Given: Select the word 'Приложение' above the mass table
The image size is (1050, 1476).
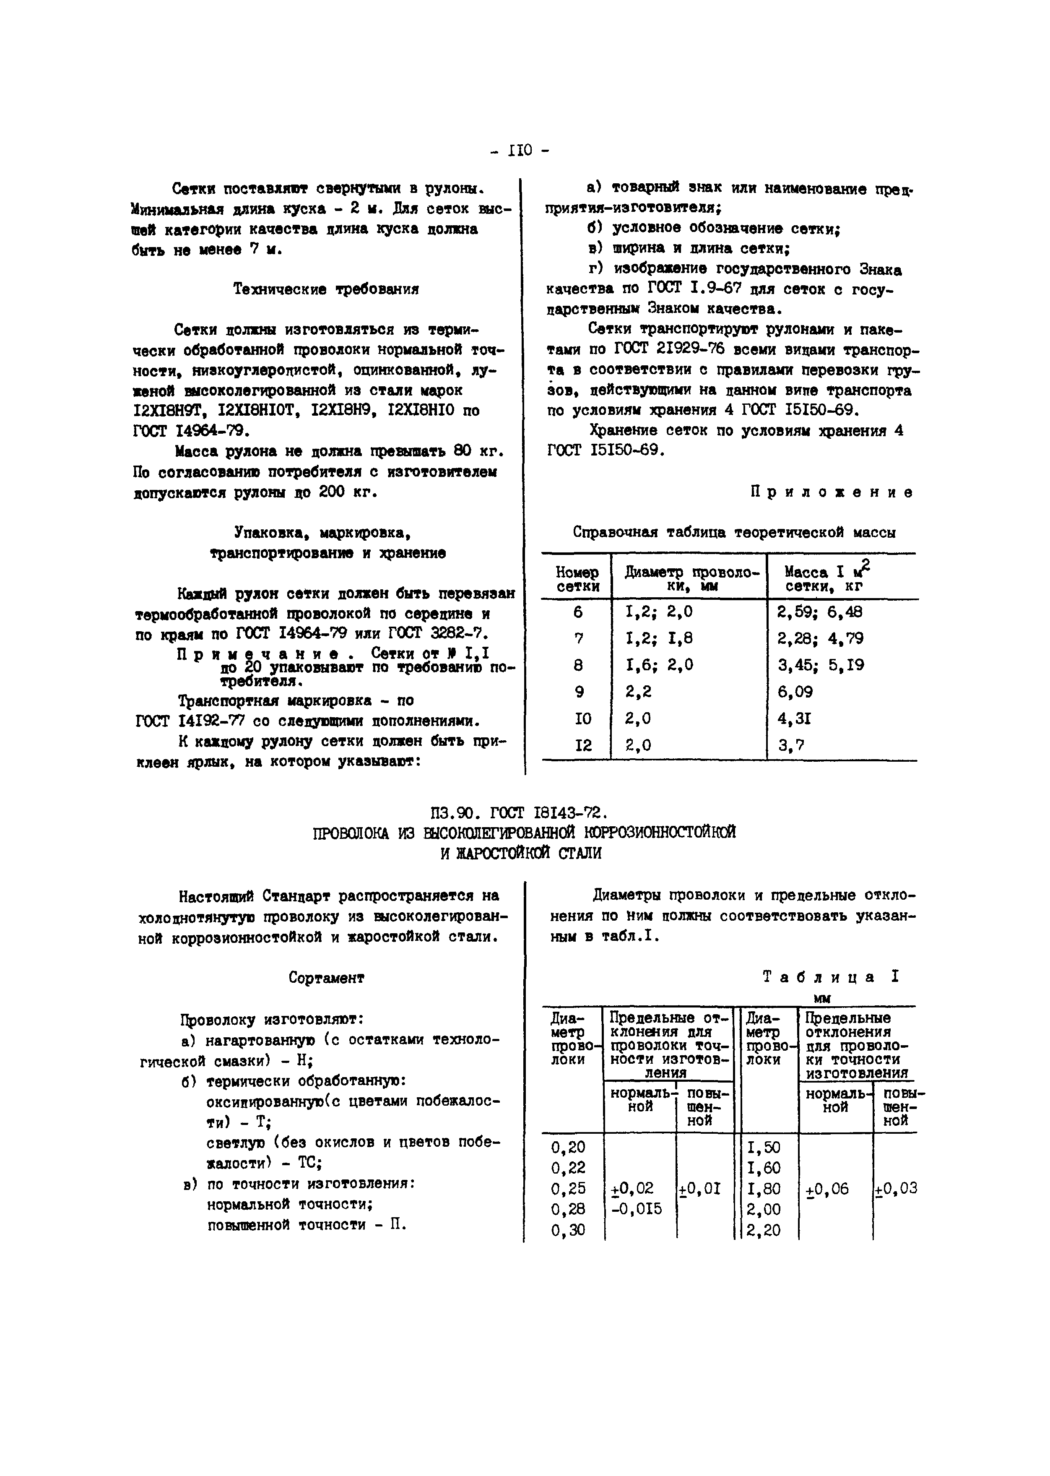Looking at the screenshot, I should (x=832, y=492).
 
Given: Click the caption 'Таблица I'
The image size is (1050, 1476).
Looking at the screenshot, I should (x=830, y=977).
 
